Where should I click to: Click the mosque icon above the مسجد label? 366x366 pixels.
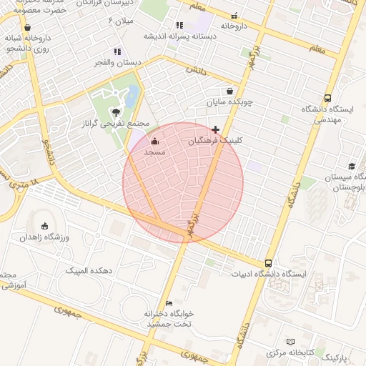click(x=155, y=142)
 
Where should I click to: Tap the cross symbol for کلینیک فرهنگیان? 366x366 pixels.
click(x=216, y=129)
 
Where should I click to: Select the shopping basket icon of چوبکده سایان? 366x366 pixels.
click(x=229, y=91)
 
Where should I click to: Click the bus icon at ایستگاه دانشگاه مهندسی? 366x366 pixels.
click(x=327, y=98)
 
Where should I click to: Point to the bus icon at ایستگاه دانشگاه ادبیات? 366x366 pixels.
click(x=268, y=262)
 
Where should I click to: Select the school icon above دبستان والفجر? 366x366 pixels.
click(x=117, y=51)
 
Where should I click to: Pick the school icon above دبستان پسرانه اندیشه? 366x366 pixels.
click(x=179, y=26)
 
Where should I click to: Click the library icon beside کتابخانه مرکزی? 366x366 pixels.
click(x=290, y=342)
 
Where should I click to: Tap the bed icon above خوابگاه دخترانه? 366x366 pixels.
click(x=169, y=303)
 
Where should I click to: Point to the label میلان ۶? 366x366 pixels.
click(x=121, y=21)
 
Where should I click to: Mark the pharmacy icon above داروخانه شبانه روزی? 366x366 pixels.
click(x=27, y=27)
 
